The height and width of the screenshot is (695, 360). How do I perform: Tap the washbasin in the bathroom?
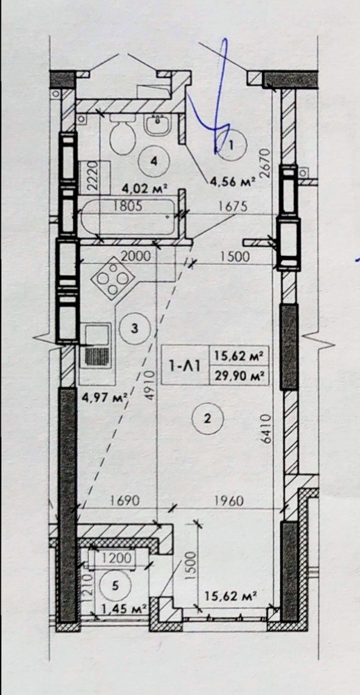(x=157, y=124)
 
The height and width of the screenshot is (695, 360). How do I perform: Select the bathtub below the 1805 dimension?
(x=130, y=217)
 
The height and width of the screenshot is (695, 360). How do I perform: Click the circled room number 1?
(x=231, y=144)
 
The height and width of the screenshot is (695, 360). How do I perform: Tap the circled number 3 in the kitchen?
(x=136, y=329)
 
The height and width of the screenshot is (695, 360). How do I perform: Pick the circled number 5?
(x=115, y=586)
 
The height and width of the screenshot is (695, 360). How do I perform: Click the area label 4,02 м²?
(x=145, y=189)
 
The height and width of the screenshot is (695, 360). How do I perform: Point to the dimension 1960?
(x=229, y=501)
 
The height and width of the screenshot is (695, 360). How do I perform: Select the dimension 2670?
(x=265, y=163)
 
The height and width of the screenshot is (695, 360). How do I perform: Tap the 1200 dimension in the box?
(x=117, y=557)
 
